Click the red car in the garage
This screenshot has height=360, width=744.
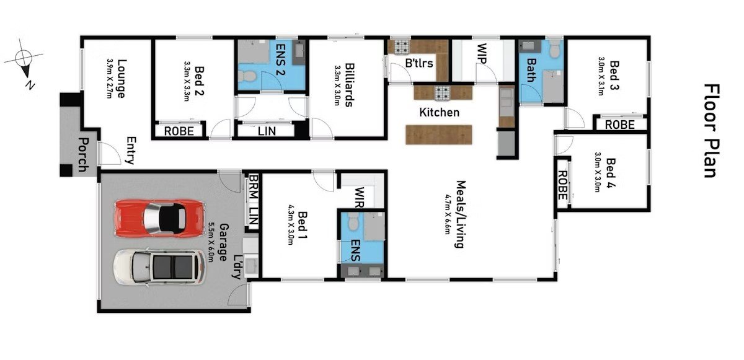[159, 217]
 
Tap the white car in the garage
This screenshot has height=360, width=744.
[159, 267]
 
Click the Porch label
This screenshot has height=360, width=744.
[82, 154]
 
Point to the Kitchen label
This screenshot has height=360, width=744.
[440, 112]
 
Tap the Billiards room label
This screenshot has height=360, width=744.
[349, 85]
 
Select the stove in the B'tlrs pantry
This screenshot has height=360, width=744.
[398, 46]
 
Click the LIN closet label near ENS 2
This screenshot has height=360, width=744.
[268, 131]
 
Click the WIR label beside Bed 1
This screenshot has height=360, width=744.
[360, 198]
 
